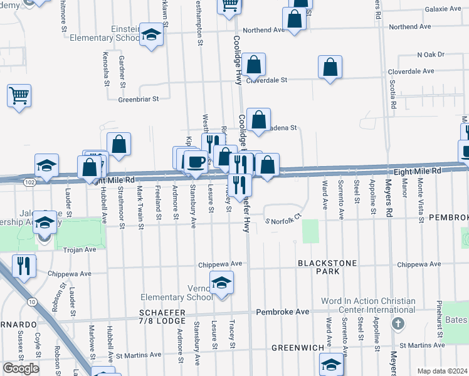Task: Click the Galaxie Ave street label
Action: pyautogui.click(x=443, y=9)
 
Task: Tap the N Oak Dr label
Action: pyautogui.click(x=430, y=55)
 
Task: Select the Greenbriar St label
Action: pyautogui.click(x=139, y=98)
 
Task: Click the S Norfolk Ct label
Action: pyautogui.click(x=283, y=221)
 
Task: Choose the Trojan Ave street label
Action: pyautogui.click(x=80, y=249)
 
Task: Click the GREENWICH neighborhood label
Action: pyautogui.click(x=297, y=347)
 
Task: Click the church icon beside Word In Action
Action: pyautogui.click(x=396, y=323)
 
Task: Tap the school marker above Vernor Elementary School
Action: pyautogui.click(x=221, y=283)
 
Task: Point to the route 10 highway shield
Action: pyautogui.click(x=31, y=301)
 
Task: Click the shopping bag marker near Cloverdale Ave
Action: pyautogui.click(x=330, y=68)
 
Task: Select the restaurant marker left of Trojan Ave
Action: pyautogui.click(x=24, y=266)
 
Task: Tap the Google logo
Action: pyautogui.click(x=21, y=368)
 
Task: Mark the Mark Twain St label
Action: pyautogui.click(x=140, y=203)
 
